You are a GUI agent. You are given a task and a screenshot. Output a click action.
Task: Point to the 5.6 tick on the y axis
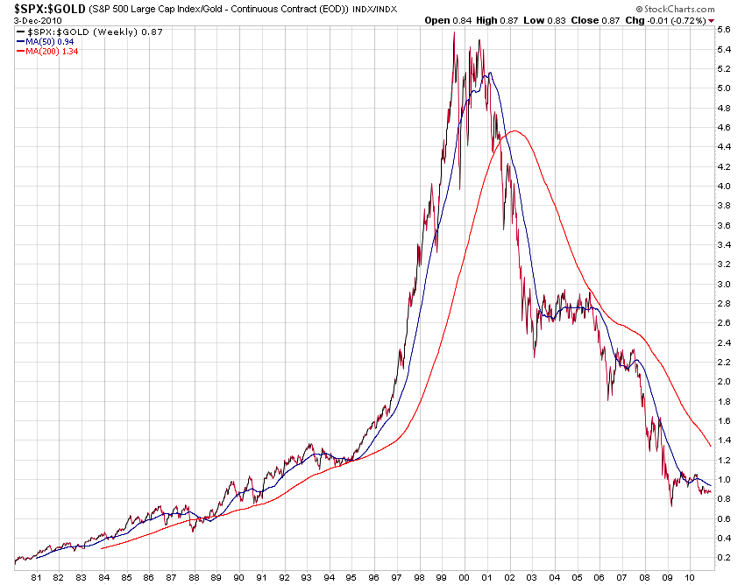pyautogui.click(x=724, y=30)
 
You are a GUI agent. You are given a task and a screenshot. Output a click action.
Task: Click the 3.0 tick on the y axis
pyautogui.click(x=724, y=284)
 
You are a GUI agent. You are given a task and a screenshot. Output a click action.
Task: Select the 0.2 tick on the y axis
pyautogui.click(x=724, y=557)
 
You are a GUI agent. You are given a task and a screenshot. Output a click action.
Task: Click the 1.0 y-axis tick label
pyautogui.click(x=724, y=479)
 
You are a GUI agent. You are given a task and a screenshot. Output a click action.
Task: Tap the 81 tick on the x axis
pyautogui.click(x=36, y=576)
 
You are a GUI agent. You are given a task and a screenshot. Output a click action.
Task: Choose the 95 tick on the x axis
pyautogui.click(x=351, y=576)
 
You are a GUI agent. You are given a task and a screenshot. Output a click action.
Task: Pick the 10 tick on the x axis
pyautogui.click(x=690, y=576)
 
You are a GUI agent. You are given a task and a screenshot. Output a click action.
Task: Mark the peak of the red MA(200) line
pyautogui.click(x=515, y=131)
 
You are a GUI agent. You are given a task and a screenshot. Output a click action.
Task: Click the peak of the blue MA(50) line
pyautogui.click(x=487, y=73)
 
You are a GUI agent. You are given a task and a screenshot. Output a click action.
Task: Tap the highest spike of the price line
pyautogui.click(x=454, y=32)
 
